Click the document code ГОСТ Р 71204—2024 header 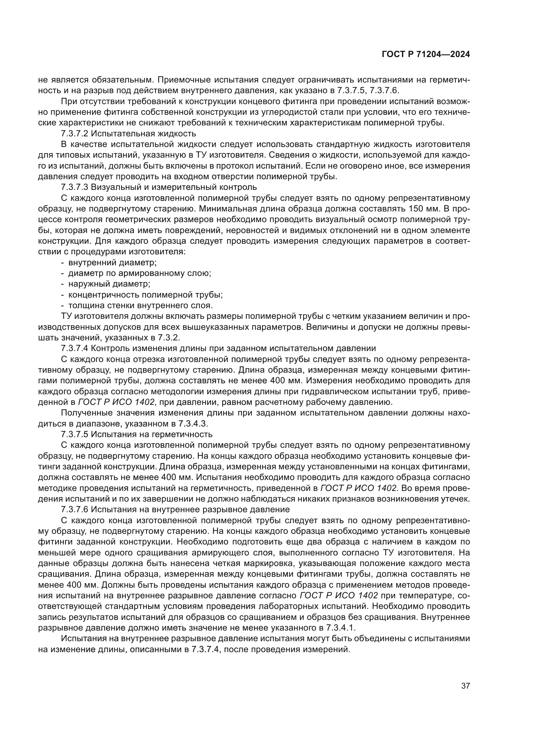click(x=426, y=54)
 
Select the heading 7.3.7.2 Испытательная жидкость click(x=128, y=134)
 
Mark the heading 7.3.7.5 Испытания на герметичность click(x=137, y=434)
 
